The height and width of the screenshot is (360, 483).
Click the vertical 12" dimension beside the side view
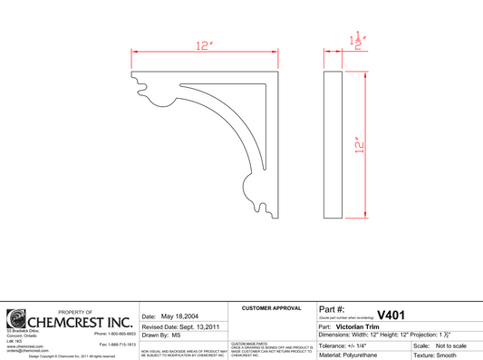coord(359,145)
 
